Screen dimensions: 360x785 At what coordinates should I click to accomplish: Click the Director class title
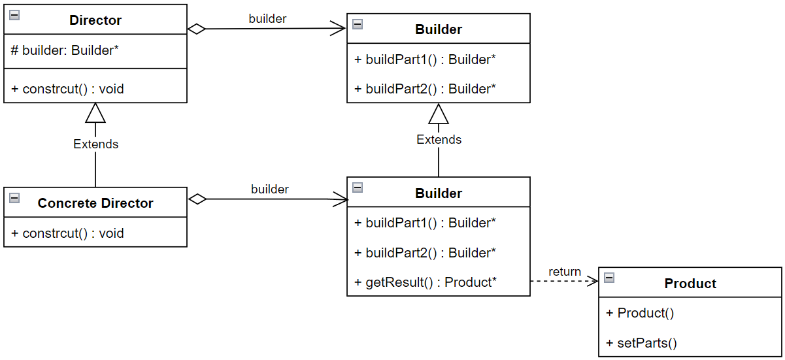pos(95,20)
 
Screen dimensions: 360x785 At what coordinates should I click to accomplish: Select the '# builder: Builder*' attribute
pos(65,50)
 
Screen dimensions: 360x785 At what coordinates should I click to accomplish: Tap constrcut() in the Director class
pos(67,89)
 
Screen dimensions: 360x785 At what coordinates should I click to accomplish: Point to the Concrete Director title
pos(95,203)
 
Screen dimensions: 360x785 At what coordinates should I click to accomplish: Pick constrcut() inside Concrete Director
pos(67,233)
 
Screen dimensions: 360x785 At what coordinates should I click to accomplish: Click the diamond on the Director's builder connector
pos(196,29)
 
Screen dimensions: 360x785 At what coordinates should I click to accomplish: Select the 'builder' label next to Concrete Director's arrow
pos(269,189)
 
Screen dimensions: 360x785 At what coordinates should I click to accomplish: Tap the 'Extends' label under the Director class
pos(95,144)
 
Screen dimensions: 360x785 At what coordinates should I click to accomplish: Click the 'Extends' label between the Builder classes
pos(439,139)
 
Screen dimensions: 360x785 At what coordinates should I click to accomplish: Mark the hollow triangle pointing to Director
pos(95,114)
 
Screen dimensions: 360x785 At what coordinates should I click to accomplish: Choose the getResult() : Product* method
pos(425,282)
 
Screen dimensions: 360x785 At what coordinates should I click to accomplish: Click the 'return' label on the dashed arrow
pos(565,271)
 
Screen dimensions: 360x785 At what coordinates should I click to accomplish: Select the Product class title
pos(690,284)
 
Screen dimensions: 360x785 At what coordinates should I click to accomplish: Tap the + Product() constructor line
pos(640,313)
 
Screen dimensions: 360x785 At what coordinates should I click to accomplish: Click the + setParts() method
pos(642,342)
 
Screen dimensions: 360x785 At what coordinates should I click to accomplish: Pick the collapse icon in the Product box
pos(609,278)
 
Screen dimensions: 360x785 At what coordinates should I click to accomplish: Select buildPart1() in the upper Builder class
pos(425,59)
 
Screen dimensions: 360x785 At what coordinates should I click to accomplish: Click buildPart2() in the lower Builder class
pos(425,253)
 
